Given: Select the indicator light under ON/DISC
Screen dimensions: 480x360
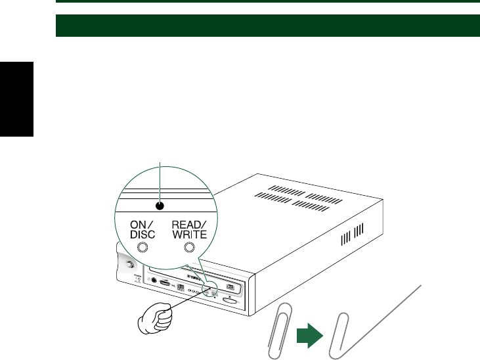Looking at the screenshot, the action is click(141, 247).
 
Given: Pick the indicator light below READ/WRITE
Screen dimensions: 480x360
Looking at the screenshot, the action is click(190, 247).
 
